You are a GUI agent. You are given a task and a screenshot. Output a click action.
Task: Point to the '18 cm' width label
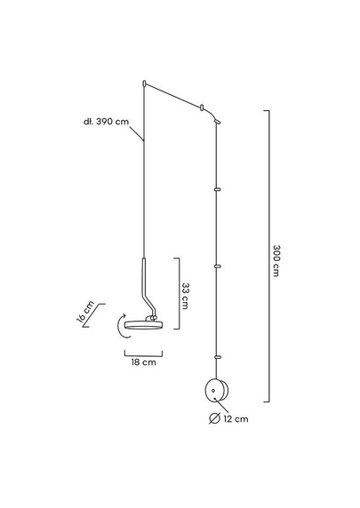[x=143, y=361]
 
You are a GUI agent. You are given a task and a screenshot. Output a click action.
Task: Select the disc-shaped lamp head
[x=142, y=324]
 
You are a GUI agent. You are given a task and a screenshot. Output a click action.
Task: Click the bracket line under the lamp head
[x=142, y=352]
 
